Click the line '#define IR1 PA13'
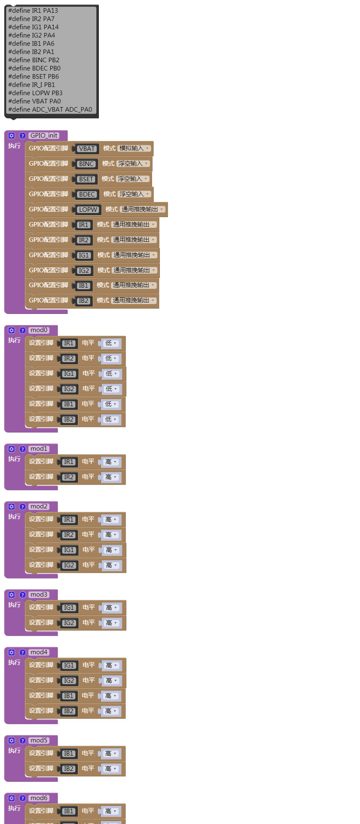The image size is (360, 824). [33, 11]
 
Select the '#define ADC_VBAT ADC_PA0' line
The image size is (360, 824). [50, 110]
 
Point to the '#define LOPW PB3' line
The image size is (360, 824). [35, 93]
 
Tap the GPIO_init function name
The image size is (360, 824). [44, 136]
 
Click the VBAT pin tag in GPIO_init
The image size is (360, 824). [86, 149]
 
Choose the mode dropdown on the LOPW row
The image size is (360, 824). [143, 209]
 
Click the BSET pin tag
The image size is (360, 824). [86, 179]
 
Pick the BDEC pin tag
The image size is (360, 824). [87, 194]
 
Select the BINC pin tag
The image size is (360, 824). [86, 164]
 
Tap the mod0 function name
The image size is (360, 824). [39, 330]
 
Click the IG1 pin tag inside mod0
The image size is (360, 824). [69, 374]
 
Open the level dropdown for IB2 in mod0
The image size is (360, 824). [111, 419]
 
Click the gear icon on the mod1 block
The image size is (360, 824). [12, 449]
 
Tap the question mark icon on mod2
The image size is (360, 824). [23, 507]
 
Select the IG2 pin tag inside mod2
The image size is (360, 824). [69, 565]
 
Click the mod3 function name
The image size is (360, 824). [39, 595]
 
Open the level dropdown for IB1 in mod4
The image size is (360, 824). [111, 696]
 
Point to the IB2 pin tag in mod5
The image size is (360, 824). [68, 769]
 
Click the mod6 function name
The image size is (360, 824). [39, 798]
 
